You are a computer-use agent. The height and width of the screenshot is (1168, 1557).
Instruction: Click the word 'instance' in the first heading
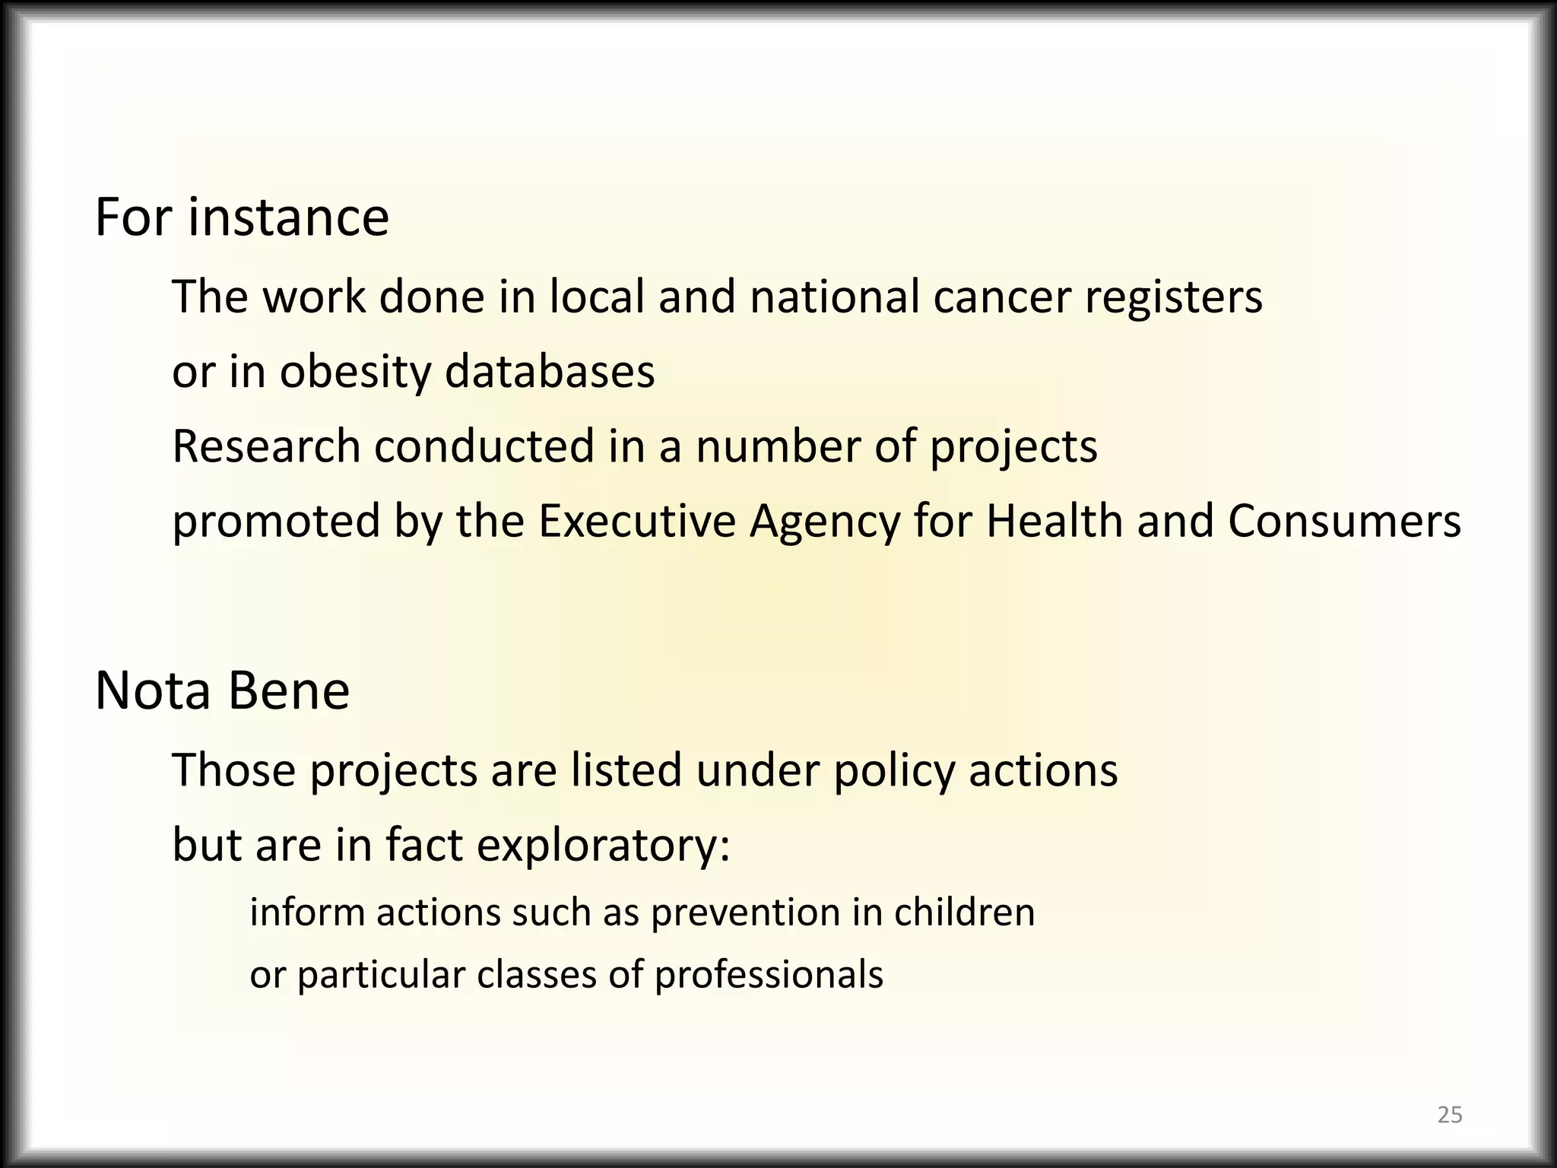coord(288,217)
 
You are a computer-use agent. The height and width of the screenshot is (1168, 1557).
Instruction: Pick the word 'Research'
coord(266,446)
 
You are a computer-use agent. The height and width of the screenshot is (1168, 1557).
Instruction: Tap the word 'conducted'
coord(484,446)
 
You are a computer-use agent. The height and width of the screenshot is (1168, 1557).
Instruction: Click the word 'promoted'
coord(276,522)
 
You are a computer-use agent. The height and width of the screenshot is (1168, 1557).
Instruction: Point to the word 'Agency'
coord(824,522)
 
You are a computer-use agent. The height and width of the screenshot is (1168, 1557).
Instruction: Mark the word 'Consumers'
coord(1344,522)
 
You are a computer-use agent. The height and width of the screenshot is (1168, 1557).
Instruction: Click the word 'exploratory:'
coord(603,846)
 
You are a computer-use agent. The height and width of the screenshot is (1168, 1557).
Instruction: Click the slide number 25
coord(1450,1115)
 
